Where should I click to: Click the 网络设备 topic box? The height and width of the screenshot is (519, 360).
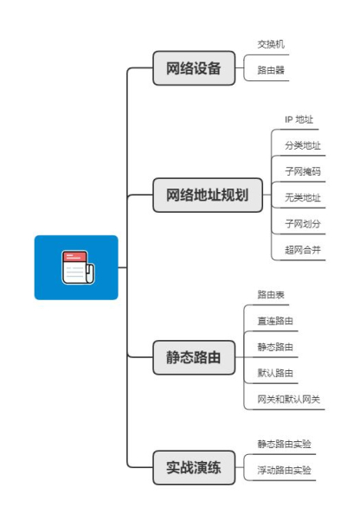tap(194, 67)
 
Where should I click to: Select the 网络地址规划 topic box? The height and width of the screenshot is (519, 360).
tap(207, 195)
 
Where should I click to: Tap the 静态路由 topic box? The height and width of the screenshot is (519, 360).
tap(194, 356)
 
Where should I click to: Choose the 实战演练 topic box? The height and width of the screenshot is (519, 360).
tap(194, 468)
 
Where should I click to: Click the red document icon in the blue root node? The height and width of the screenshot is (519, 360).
tap(76, 267)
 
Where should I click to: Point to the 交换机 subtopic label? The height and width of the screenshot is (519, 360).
tap(271, 44)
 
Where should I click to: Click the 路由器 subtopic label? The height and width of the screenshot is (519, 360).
tap(271, 70)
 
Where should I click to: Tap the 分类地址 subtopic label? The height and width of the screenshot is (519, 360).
tap(302, 145)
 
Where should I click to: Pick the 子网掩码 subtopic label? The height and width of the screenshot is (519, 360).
tap(302, 171)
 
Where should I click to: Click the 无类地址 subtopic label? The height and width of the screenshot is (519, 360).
tap(302, 198)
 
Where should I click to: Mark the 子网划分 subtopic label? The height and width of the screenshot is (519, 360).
tap(302, 224)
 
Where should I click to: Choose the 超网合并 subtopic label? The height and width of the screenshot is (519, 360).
tap(302, 250)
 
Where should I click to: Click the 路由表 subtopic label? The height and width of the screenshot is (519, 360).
tap(271, 295)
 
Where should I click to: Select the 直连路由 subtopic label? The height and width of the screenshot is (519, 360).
tap(275, 321)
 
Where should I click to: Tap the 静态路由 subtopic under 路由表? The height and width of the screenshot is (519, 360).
tap(275, 347)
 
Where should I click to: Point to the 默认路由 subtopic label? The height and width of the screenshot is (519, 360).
tap(275, 373)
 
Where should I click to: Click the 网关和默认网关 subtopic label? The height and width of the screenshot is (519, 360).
tap(288, 399)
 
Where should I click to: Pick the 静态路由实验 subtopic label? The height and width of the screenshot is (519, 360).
tap(284, 444)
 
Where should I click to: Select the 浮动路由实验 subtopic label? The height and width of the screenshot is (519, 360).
tap(284, 470)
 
